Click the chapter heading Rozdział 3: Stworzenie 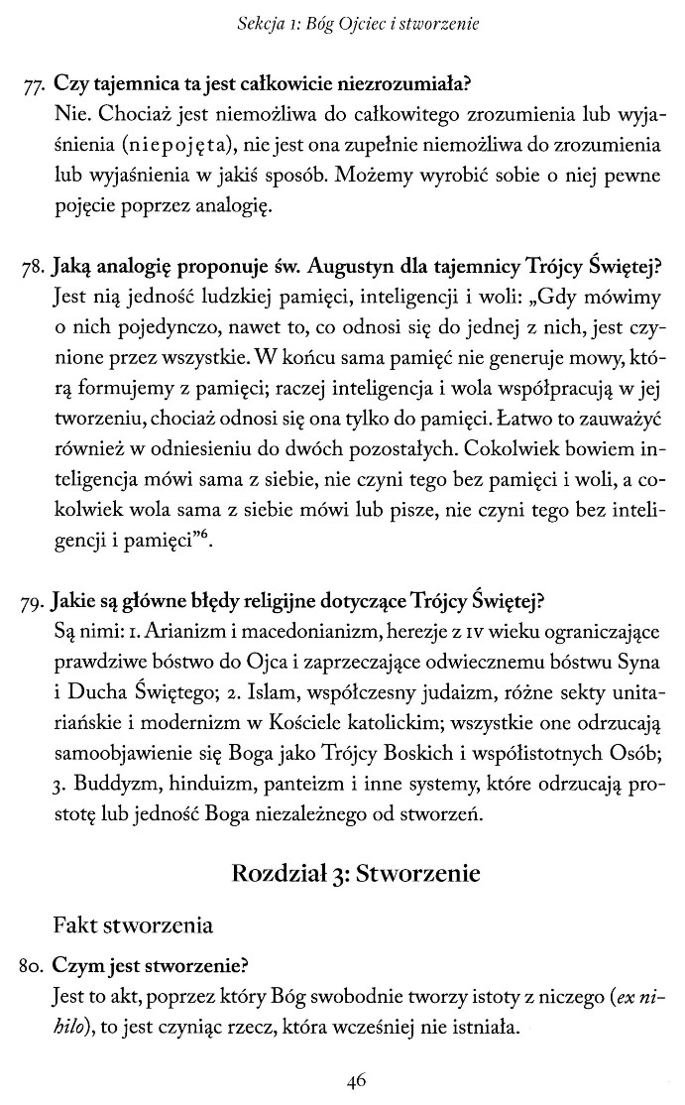point(356,873)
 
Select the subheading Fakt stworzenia point(133,926)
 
